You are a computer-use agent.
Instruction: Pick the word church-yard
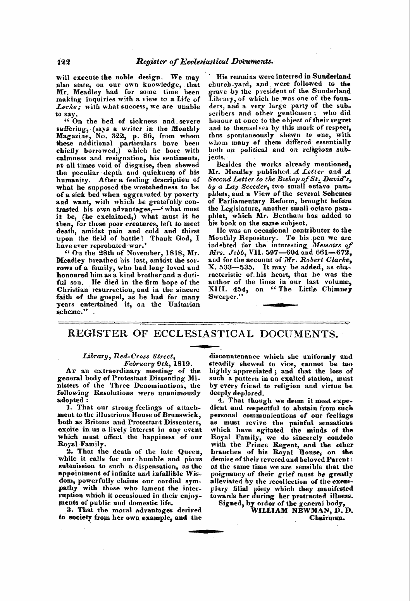(222, 84)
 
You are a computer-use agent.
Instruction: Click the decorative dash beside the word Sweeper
(280, 305)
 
